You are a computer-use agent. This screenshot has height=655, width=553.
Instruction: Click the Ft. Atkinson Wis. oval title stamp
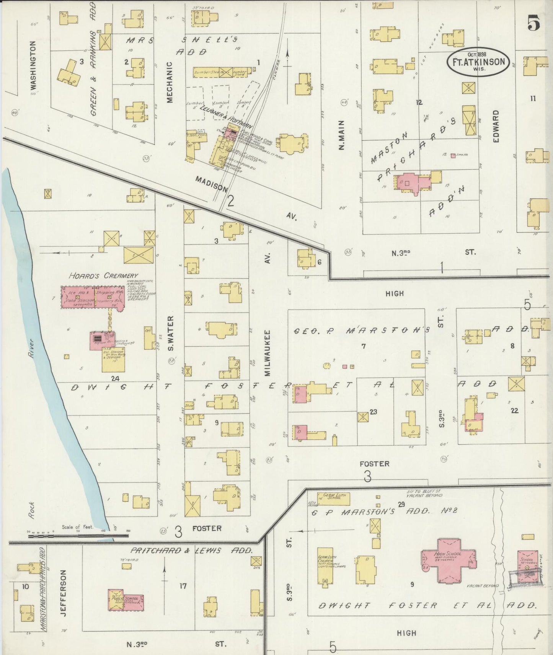pyautogui.click(x=478, y=62)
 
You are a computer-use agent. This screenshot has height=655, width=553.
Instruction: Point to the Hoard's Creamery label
pyautogui.click(x=103, y=275)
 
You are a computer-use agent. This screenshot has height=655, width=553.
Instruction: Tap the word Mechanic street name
pyautogui.click(x=170, y=82)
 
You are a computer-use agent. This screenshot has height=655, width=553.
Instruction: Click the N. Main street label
pyautogui.click(x=341, y=135)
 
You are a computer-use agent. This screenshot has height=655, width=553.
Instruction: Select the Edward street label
pyautogui.click(x=496, y=126)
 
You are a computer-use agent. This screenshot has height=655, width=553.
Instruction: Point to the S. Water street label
pyautogui.click(x=171, y=333)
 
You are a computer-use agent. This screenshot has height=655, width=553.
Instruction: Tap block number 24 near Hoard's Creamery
pyautogui.click(x=115, y=378)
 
